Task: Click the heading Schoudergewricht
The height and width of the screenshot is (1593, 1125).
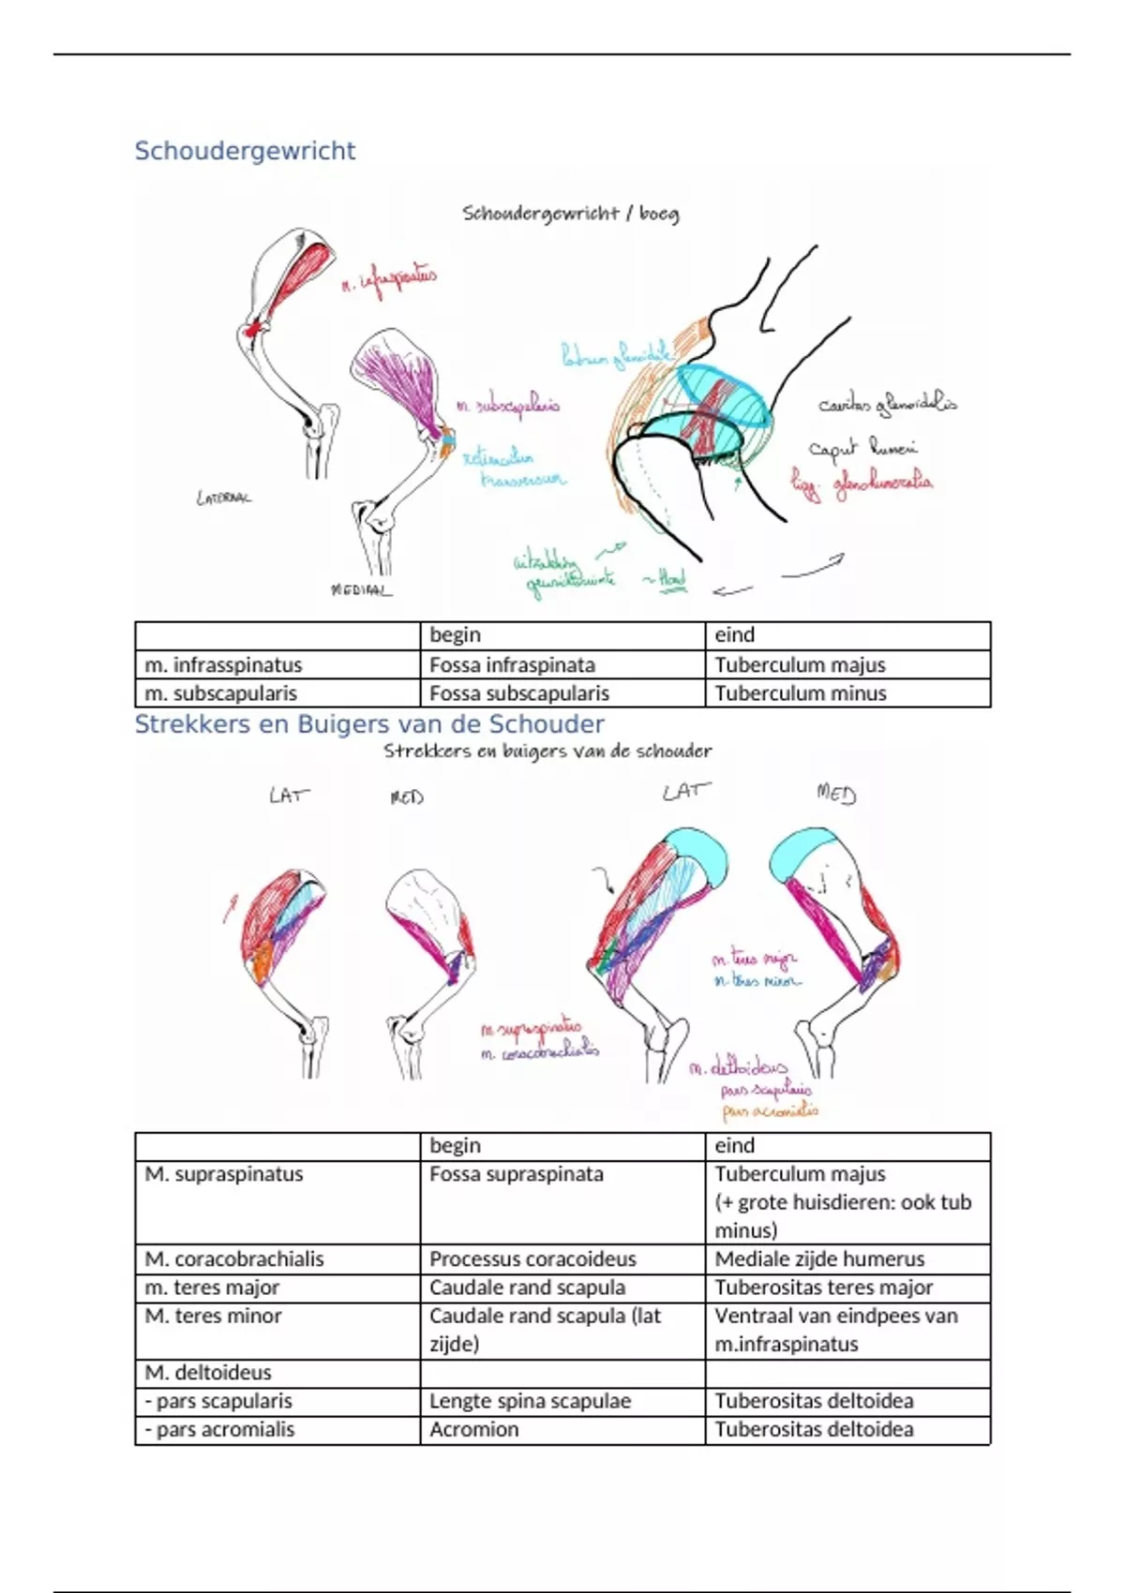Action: pos(245,151)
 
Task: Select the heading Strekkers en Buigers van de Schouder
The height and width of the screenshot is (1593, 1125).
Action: pos(369,724)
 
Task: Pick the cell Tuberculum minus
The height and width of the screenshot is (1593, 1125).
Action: pos(800,693)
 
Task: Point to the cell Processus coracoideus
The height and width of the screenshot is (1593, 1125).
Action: pos(532,1259)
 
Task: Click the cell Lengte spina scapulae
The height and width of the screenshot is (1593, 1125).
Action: pos(530,1401)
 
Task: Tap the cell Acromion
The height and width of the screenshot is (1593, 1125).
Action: pos(474,1429)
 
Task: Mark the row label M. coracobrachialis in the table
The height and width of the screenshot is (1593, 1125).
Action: pos(234,1259)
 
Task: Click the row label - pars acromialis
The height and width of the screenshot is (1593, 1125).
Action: pos(219,1429)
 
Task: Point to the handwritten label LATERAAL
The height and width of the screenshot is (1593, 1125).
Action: pos(223,499)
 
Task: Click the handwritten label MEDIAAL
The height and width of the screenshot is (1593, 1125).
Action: pos(361,590)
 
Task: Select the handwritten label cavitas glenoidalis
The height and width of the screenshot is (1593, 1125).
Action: pos(887,405)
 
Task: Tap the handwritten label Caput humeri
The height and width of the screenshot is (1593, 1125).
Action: pos(862,449)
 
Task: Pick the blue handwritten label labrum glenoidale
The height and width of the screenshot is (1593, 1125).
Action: pos(616,355)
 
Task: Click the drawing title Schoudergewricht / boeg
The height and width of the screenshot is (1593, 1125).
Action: pos(570,214)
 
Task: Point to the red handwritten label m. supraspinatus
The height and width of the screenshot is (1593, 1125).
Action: pos(531,1029)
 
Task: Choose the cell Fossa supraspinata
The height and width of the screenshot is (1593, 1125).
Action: pos(517,1174)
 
